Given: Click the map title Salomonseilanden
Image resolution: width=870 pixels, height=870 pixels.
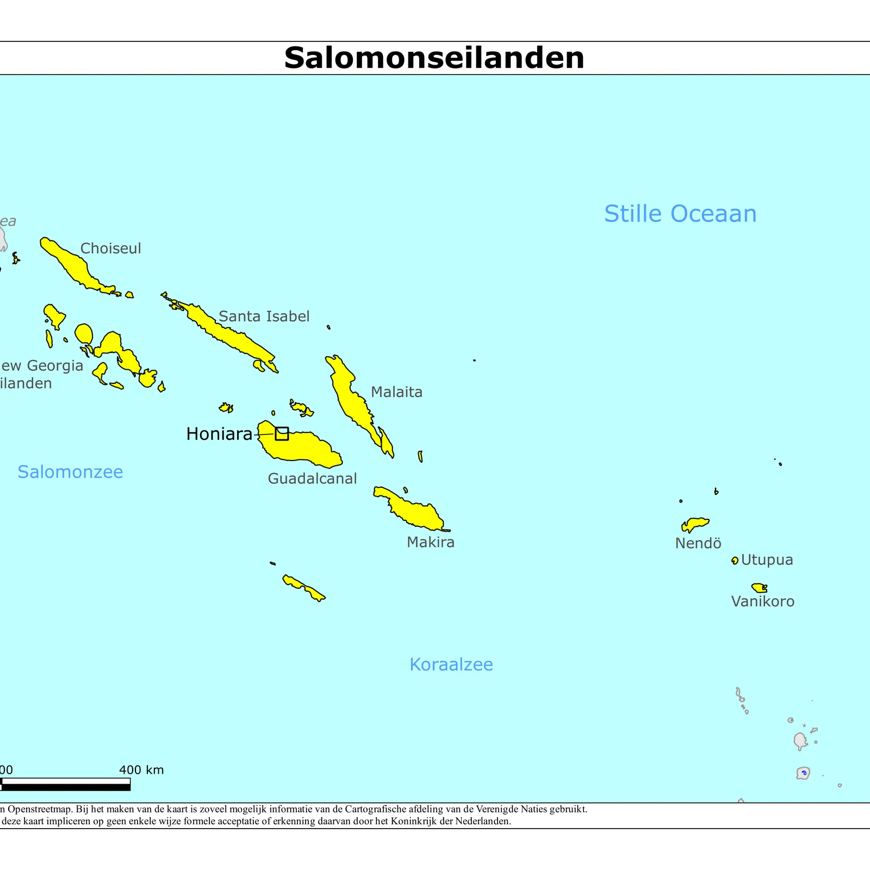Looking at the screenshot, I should click(x=434, y=58).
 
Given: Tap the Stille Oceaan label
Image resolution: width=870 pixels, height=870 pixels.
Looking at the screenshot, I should click(x=680, y=214).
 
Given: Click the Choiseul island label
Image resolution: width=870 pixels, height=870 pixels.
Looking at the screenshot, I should click(x=110, y=248).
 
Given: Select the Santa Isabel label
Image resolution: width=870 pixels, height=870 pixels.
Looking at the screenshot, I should click(x=264, y=316).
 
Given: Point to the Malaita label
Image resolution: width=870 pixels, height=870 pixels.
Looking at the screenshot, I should click(x=396, y=392).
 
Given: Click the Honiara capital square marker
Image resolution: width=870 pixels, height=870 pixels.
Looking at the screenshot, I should click(x=282, y=433).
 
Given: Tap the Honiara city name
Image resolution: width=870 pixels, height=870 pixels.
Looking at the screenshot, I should click(x=219, y=434).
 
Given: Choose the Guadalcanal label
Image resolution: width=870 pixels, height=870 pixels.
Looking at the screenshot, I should click(x=312, y=478).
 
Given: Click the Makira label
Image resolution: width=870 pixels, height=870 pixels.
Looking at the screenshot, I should click(x=430, y=542).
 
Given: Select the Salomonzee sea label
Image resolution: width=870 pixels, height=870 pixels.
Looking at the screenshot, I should click(x=70, y=472).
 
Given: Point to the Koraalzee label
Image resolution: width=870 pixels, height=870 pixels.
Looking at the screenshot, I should click(x=451, y=664).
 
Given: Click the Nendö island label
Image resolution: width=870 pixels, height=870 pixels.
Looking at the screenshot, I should click(x=698, y=543).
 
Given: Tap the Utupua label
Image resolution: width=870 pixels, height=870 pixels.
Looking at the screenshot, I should click(x=767, y=560).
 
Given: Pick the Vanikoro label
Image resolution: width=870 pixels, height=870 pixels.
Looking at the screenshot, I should click(x=762, y=601).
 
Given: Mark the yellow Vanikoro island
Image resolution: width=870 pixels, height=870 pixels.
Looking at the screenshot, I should click(x=759, y=588).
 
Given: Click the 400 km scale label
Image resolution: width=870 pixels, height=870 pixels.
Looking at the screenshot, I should click(x=141, y=770).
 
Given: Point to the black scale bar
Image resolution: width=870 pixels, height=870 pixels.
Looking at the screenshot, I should click(x=65, y=787).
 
